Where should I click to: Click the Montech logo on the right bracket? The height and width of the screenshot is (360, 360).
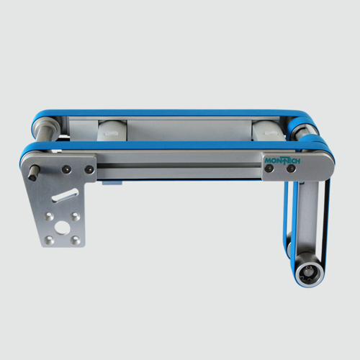point(282,161)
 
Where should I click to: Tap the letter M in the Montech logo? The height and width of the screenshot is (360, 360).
point(267,161)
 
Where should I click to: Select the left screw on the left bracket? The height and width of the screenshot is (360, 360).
point(66,169)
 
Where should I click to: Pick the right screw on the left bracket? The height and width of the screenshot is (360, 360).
point(89,169)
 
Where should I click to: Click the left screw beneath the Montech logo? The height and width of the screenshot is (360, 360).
point(268,168)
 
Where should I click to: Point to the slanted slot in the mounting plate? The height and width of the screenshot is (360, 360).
point(64,195)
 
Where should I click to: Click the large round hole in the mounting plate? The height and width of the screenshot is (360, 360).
point(62,228)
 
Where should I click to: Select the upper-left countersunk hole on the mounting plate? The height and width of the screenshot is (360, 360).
point(50,216)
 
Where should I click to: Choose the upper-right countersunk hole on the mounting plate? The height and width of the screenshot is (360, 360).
point(76,216)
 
